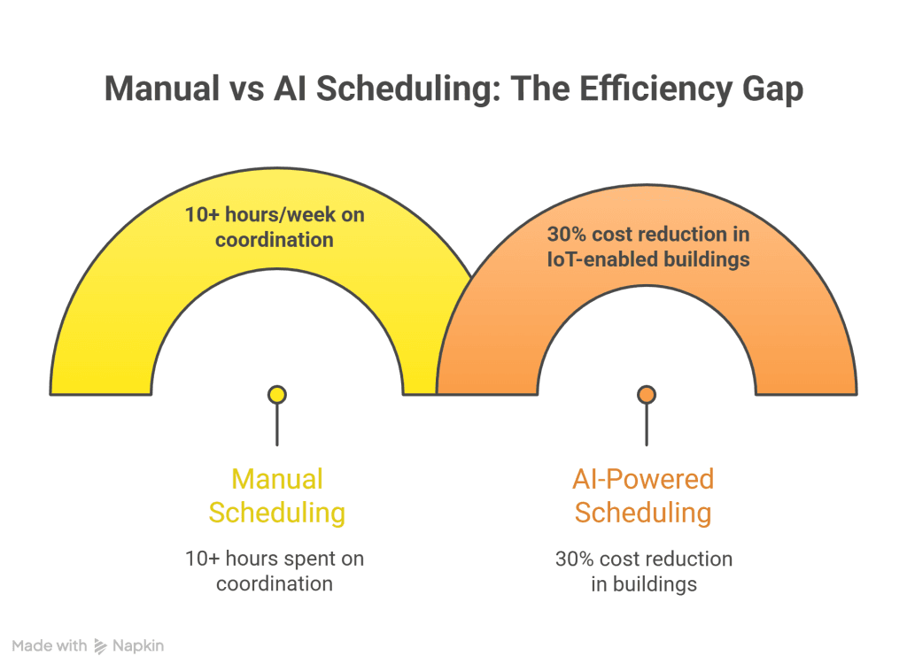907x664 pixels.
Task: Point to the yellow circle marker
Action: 277,395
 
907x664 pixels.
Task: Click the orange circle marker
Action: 647,395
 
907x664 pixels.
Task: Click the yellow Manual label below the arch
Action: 277,479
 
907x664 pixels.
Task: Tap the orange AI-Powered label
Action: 643,479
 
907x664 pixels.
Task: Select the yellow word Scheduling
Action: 277,512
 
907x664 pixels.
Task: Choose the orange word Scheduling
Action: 643,512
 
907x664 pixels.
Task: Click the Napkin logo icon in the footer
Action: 100,646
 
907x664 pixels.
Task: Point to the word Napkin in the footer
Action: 138,646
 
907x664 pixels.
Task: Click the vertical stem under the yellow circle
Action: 277,425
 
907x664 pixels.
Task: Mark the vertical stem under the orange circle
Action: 647,425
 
